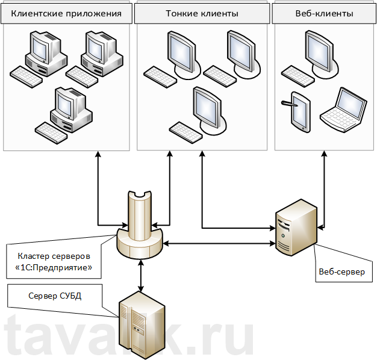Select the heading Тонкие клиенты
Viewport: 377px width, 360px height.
click(x=201, y=13)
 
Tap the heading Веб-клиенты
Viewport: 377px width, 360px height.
click(x=324, y=13)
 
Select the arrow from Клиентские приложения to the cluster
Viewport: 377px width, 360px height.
click(x=98, y=187)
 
